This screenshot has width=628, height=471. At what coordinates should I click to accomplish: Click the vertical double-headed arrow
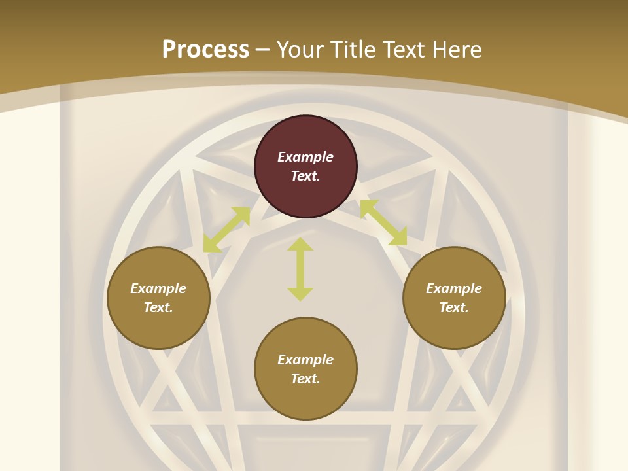pyautogui.click(x=300, y=269)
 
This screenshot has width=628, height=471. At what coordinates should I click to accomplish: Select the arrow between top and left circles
pyautogui.click(x=226, y=230)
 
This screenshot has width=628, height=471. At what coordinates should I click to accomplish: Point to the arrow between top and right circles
pyautogui.click(x=383, y=222)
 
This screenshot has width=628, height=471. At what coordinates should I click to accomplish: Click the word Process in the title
pyautogui.click(x=205, y=50)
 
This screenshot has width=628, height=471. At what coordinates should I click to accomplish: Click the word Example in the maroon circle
pyautogui.click(x=305, y=157)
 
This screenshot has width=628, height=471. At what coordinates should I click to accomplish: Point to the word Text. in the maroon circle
pyautogui.click(x=305, y=176)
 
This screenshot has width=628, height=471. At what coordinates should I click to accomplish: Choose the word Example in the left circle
pyautogui.click(x=158, y=288)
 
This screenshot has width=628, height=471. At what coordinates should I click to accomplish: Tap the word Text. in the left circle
pyautogui.click(x=158, y=307)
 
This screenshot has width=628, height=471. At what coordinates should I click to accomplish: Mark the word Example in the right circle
pyautogui.click(x=454, y=288)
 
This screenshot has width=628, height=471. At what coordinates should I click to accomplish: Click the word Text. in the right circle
pyautogui.click(x=454, y=307)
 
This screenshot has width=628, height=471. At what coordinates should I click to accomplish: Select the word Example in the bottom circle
pyautogui.click(x=305, y=360)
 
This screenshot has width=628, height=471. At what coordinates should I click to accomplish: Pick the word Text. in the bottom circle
pyautogui.click(x=305, y=379)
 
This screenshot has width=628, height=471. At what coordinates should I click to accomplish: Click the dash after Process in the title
pyautogui.click(x=263, y=50)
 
